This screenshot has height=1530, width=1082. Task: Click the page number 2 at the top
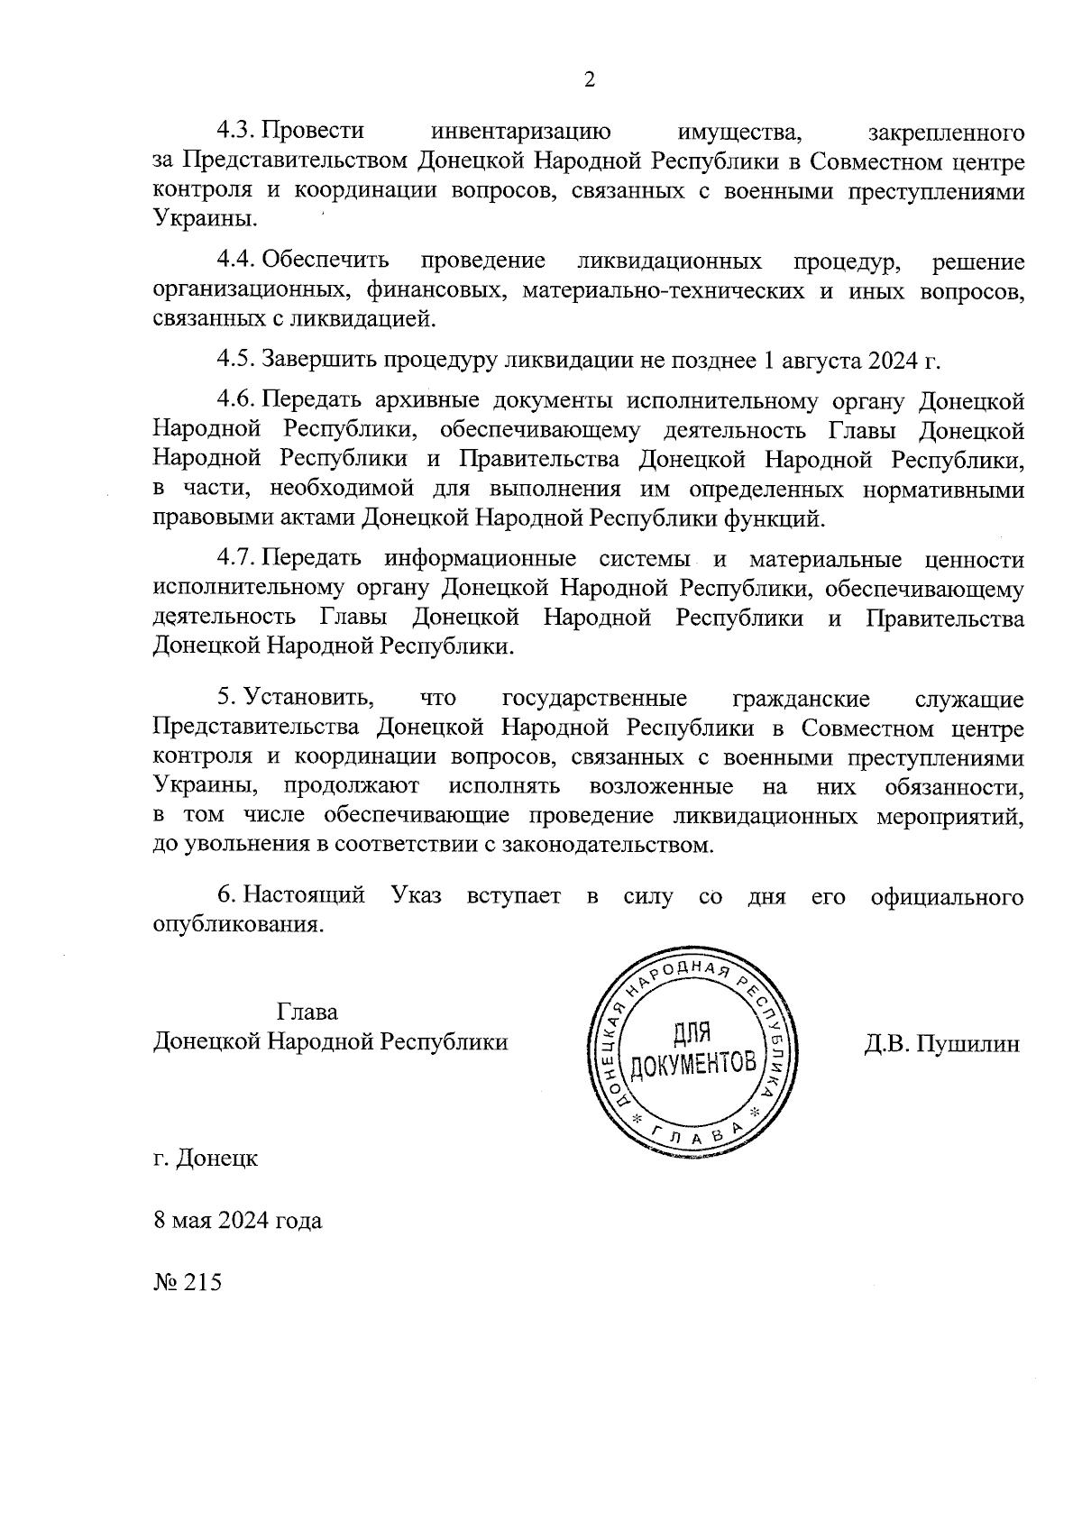[x=590, y=81]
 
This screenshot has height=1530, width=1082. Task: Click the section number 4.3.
[x=235, y=132]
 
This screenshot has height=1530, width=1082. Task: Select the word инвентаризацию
[x=522, y=132]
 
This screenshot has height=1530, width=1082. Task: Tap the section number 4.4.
[x=235, y=261]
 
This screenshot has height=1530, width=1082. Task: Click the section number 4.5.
[x=235, y=361]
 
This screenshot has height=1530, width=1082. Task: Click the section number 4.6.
[x=235, y=401]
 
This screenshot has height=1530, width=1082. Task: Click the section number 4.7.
[x=235, y=560]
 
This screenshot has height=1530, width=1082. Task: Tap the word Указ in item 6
[x=417, y=896]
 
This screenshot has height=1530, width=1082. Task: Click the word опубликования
[x=238, y=926]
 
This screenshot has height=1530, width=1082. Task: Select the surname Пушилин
[x=967, y=1044]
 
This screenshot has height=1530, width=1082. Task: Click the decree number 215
[x=202, y=1282]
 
